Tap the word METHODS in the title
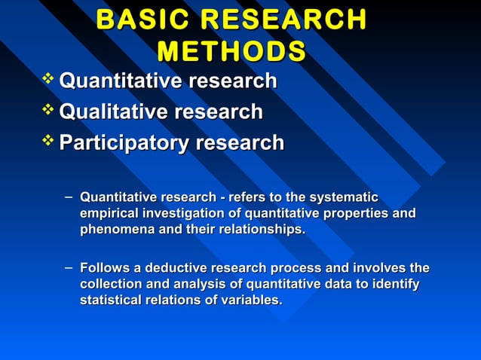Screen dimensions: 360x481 pos(231,51)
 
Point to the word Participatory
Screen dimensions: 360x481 pos(122,142)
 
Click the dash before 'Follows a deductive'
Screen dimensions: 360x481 pos(69,267)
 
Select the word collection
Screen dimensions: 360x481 pos(112,284)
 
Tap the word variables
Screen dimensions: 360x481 pos(254,300)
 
